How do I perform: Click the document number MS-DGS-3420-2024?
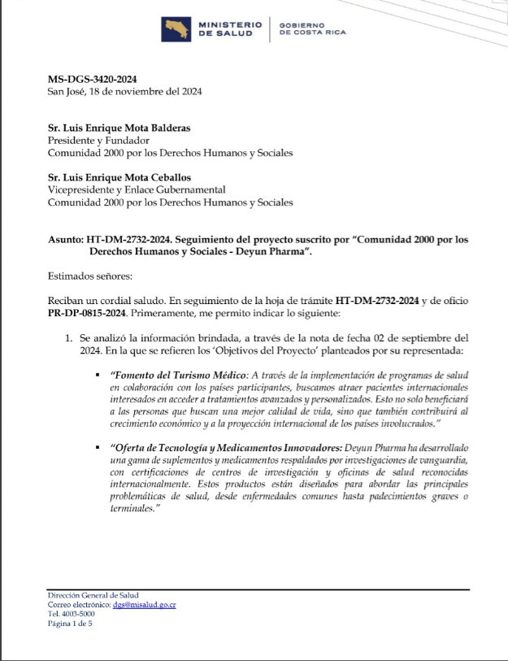tap(92, 79)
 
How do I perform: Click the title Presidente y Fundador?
tap(93, 140)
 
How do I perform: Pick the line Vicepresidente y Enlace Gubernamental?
tap(137, 189)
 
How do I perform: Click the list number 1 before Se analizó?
tap(70, 337)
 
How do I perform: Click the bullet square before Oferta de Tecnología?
tap(97, 449)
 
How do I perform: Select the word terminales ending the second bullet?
tap(137, 508)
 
